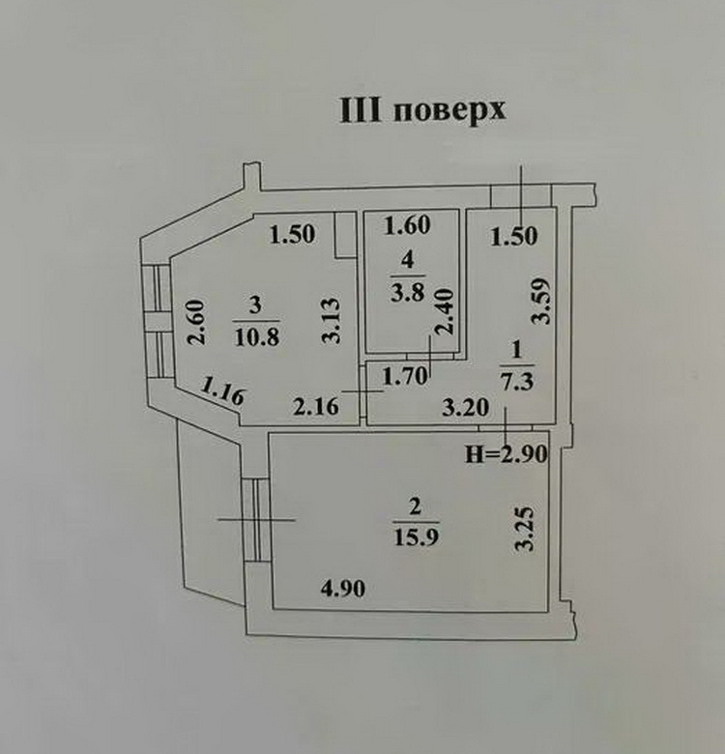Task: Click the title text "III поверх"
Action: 423,111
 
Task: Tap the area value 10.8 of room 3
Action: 257,336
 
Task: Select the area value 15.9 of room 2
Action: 416,536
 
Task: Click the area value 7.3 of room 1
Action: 517,381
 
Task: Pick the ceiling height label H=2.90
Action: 507,454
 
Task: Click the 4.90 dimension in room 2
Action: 343,588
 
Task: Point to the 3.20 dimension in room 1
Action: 465,408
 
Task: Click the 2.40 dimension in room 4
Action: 444,311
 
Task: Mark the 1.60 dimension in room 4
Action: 407,225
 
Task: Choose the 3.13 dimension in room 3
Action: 332,320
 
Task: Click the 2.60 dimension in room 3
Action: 196,322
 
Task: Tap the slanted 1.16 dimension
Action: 222,391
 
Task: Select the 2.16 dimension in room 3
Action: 316,407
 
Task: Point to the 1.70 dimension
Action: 405,376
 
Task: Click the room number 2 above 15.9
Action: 415,507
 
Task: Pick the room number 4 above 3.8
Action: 407,260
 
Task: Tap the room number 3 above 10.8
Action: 256,304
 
